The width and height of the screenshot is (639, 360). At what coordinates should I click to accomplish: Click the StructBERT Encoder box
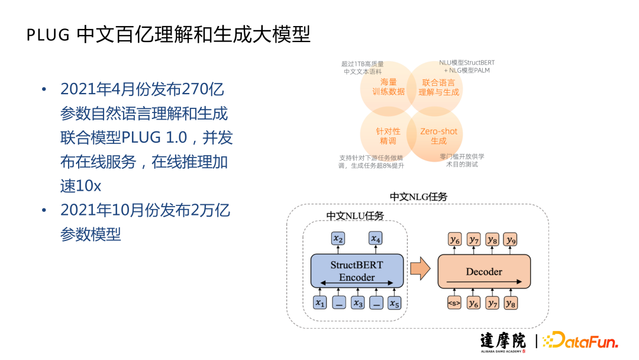[x=357, y=271]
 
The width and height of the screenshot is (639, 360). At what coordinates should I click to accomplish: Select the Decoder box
[x=484, y=271]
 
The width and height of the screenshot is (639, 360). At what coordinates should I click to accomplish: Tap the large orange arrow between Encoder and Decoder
[x=420, y=269]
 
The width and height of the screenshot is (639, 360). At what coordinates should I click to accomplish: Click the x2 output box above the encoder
[x=338, y=239]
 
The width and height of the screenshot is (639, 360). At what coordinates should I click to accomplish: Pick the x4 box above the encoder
[x=376, y=239]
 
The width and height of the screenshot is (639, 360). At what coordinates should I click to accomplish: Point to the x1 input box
[x=320, y=303]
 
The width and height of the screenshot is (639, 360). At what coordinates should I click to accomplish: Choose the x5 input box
[x=394, y=303]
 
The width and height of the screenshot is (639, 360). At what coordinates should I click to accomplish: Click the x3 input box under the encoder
[x=357, y=303]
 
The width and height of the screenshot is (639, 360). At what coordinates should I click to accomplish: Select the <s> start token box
[x=454, y=303]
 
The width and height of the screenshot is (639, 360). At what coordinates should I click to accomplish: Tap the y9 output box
[x=511, y=239]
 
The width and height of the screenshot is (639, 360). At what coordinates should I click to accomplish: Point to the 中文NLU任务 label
[x=355, y=216]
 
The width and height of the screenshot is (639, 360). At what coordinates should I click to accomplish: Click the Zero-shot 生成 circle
[x=438, y=136]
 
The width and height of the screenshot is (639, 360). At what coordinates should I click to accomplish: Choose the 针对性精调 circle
[x=388, y=136]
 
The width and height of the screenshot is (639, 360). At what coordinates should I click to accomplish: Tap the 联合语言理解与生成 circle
[x=438, y=87]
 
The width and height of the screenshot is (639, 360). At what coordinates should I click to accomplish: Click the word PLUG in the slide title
[x=48, y=36]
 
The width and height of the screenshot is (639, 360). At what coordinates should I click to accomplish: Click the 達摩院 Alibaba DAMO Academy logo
[x=502, y=342]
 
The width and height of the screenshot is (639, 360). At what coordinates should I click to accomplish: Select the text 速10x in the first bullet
[x=80, y=185]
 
